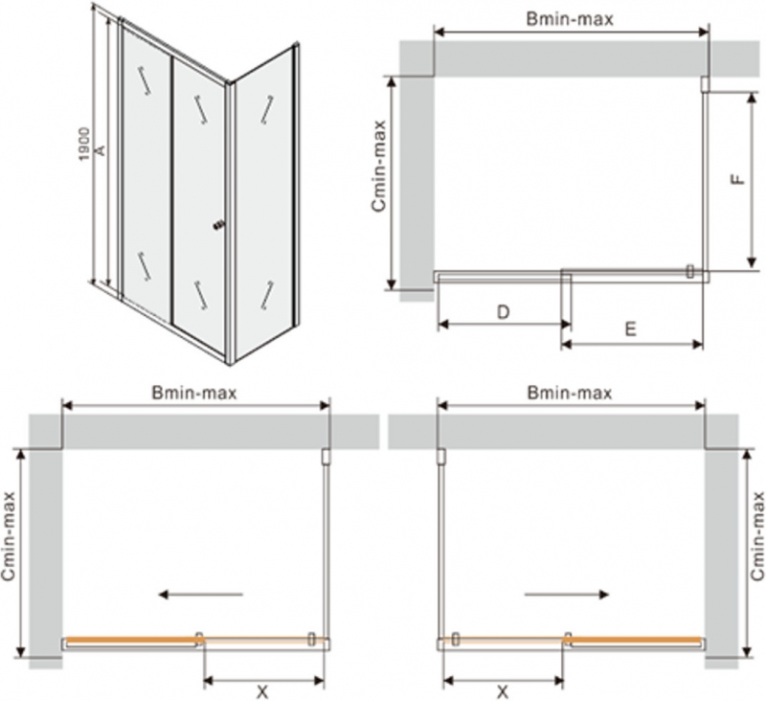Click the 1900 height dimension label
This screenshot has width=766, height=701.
pyautogui.click(x=84, y=144)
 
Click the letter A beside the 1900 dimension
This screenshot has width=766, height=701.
pyautogui.click(x=100, y=150)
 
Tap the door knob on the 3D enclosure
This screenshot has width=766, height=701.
pyautogui.click(x=219, y=225)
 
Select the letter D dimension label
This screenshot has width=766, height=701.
pyautogui.click(x=504, y=311)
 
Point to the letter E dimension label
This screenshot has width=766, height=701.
pyautogui.click(x=631, y=328)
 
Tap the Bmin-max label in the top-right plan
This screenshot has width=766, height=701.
pyautogui.click(x=570, y=19)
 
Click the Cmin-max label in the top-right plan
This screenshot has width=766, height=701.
pyautogui.click(x=378, y=166)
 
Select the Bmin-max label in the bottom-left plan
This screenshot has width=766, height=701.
pyautogui.click(x=194, y=393)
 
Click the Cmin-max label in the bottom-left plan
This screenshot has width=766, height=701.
pyautogui.click(x=9, y=536)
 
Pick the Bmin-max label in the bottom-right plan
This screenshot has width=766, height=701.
pyautogui.click(x=570, y=393)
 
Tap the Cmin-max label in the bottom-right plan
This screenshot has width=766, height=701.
pyautogui.click(x=757, y=536)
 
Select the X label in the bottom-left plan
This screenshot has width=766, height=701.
pyautogui.click(x=262, y=691)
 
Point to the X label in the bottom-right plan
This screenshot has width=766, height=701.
pyautogui.click(x=503, y=691)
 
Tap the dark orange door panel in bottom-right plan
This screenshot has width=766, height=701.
pyautogui.click(x=636, y=640)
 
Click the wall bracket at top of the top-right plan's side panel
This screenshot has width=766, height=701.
pyautogui.click(x=705, y=84)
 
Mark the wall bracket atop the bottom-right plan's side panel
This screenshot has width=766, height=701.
pyautogui.click(x=441, y=456)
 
